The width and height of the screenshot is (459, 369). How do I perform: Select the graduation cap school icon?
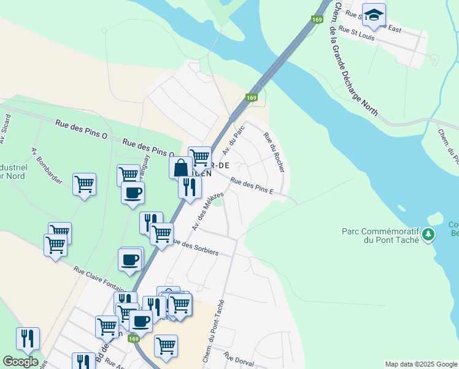[373, 15]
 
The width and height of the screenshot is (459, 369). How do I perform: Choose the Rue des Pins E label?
[252, 186]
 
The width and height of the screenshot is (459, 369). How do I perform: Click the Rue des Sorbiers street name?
[196, 248]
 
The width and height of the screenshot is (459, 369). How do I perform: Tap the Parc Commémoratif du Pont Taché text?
[380, 236]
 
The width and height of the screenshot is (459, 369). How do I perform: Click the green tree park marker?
[428, 234]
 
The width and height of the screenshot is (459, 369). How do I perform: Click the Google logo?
[20, 362]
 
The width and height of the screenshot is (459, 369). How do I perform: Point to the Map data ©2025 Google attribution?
[421, 364]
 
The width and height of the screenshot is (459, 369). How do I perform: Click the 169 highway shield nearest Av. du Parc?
[252, 98]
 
